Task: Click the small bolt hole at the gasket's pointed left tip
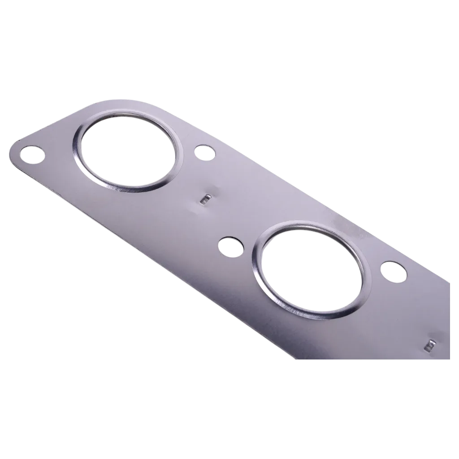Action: [33, 155]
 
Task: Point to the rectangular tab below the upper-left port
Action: [206, 198]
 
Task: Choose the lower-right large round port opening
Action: [312, 269]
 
